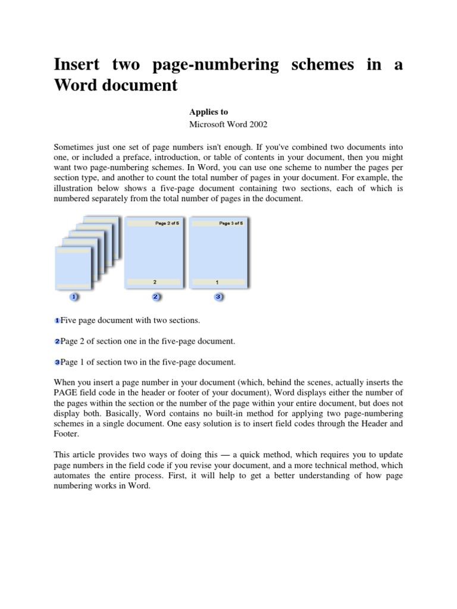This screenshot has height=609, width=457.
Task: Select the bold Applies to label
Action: [208, 112]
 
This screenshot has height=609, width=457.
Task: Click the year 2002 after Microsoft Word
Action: [257, 124]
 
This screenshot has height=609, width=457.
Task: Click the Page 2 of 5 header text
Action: [155, 224]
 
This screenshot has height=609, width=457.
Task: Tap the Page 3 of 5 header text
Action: [219, 224]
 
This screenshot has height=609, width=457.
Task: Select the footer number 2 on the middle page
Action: [155, 281]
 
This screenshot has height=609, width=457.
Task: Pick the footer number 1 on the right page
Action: [217, 281]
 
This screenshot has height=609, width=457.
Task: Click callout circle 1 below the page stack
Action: [74, 296]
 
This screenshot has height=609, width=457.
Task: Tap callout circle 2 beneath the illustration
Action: [155, 296]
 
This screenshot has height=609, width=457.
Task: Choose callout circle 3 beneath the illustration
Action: [218, 296]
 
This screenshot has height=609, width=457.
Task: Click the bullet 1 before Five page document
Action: [57, 321]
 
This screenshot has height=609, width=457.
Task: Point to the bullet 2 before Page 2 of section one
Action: [57, 341]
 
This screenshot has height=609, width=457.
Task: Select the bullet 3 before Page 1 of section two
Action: [57, 362]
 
